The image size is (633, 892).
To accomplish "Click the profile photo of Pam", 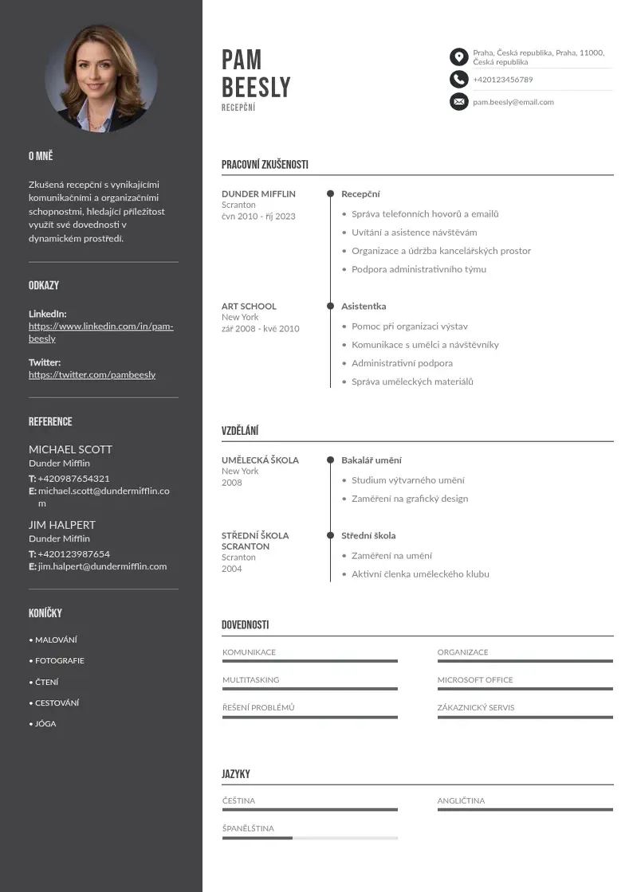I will point(101,78).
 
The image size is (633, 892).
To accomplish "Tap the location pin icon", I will point(458,57).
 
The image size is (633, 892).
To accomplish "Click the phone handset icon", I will point(458,79).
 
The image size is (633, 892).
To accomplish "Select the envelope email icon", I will point(458,101).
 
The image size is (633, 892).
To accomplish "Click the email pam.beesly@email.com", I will point(513,102).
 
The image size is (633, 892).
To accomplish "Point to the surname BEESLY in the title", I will point(256,87).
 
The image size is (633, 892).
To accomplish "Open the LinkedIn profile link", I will point(100,332).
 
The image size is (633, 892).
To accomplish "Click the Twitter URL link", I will point(92,374).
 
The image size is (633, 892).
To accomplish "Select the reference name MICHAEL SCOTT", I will point(70,449).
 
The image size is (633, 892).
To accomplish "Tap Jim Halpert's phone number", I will point(73,554).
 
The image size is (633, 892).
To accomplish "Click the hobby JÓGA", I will point(45,724).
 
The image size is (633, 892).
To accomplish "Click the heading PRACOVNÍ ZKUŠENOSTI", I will point(265,165).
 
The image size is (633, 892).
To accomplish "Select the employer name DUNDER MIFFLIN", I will point(258,194).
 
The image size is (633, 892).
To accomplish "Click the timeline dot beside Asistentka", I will point(330,306).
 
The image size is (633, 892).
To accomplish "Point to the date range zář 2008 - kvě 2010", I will point(260,328).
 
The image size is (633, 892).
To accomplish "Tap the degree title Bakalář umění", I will point(371,460).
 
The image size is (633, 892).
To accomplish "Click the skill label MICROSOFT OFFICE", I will point(474,679).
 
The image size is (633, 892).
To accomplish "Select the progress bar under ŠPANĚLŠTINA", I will point(309,838).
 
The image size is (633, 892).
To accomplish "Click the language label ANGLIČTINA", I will point(460,800).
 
